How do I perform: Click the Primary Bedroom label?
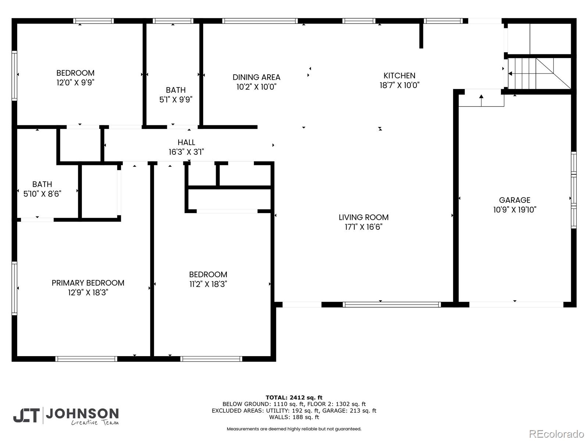[88, 283]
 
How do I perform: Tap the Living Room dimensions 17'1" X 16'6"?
[363, 227]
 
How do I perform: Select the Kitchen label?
[399, 75]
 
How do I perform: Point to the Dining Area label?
[257, 77]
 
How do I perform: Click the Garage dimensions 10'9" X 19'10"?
[514, 209]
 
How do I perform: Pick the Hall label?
[186, 142]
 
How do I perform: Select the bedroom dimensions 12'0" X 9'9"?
[75, 82]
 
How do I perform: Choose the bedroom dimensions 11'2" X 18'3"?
[208, 284]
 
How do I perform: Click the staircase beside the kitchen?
[539, 73]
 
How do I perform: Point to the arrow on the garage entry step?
[481, 100]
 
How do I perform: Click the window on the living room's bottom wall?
[392, 304]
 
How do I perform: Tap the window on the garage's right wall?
[574, 190]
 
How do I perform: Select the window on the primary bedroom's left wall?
[14, 288]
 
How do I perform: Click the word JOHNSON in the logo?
[82, 414]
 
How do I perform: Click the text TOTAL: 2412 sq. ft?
[294, 397]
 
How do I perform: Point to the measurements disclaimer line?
[294, 429]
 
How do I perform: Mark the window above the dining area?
[260, 21]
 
